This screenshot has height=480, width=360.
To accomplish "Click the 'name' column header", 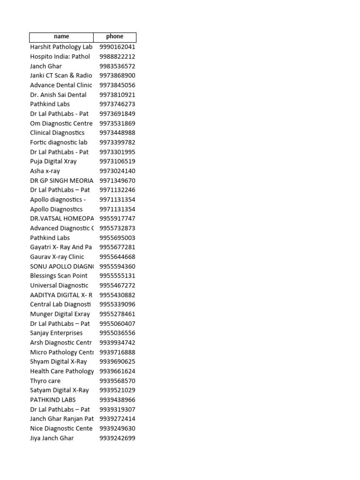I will [61, 37].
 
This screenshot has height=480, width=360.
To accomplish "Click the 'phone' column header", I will [115, 37].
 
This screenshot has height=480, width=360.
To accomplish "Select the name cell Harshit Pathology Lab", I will [61, 47].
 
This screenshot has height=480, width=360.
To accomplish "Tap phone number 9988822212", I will [117, 57].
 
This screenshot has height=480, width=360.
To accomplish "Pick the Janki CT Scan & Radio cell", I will [61, 75].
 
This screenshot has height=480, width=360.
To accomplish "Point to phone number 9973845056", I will [117, 85].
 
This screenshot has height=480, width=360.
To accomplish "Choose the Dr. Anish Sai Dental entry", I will [58, 95].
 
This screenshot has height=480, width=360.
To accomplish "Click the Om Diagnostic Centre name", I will [61, 123].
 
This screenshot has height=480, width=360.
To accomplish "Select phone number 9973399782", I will [117, 142].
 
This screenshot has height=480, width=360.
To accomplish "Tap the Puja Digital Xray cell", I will [53, 161].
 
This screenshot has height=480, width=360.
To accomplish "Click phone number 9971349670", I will [117, 180].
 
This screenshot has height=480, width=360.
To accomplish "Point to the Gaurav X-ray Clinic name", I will [57, 257].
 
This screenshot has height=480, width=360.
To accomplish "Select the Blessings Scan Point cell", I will [59, 276].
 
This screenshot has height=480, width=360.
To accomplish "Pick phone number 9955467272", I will [117, 285].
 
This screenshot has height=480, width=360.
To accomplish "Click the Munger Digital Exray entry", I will [60, 314].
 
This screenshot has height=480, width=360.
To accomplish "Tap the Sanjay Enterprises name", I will [56, 333].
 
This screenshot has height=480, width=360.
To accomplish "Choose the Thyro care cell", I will [45, 381].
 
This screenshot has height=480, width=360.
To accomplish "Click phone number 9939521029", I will [117, 390].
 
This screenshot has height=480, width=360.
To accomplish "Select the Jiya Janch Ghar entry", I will [52, 438].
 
